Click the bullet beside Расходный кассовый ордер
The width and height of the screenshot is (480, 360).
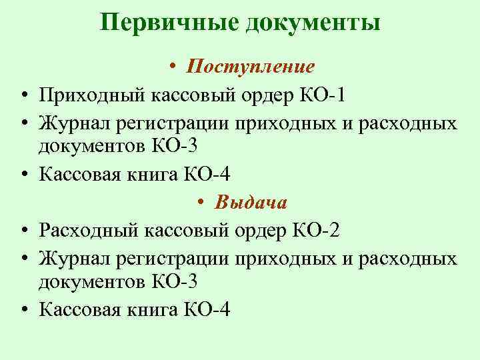[x=23, y=231]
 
